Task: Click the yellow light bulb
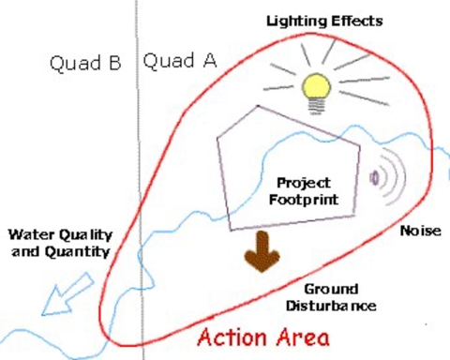317,89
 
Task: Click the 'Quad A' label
179,62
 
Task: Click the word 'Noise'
420,230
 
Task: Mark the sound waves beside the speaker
391,176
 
